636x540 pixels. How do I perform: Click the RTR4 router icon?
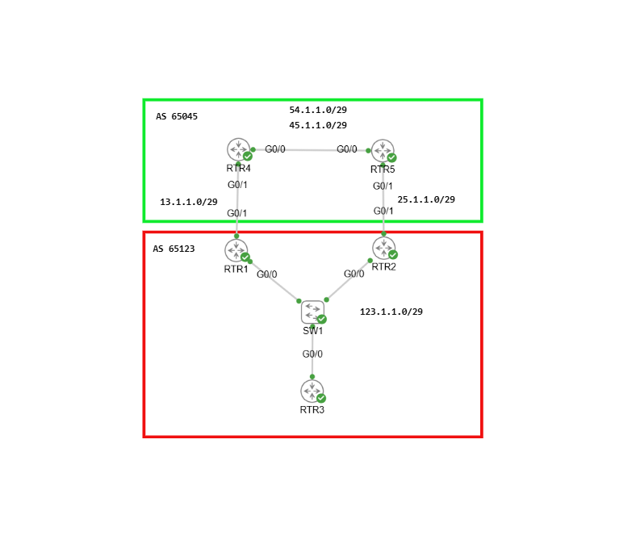pyautogui.click(x=239, y=149)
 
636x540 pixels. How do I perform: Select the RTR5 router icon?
pyautogui.click(x=383, y=151)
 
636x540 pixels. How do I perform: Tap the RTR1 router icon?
pyautogui.click(x=236, y=251)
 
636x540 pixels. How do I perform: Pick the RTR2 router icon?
pyautogui.click(x=383, y=248)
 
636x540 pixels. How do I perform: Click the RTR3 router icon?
pyautogui.click(x=312, y=391)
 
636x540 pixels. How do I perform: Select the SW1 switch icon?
pyautogui.click(x=312, y=312)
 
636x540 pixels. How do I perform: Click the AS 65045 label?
pyautogui.click(x=177, y=116)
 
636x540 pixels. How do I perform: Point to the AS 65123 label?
pyautogui.click(x=174, y=249)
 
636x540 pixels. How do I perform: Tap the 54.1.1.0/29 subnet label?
pyautogui.click(x=318, y=110)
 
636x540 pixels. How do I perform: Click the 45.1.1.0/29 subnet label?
pyautogui.click(x=318, y=125)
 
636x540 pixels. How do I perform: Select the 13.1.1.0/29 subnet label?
pyautogui.click(x=189, y=202)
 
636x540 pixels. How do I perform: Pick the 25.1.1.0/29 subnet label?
pyautogui.click(x=426, y=199)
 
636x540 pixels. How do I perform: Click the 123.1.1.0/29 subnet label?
pyautogui.click(x=391, y=312)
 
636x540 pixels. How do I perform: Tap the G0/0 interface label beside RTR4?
pyautogui.click(x=275, y=149)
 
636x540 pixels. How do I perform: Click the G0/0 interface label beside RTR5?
pyautogui.click(x=347, y=149)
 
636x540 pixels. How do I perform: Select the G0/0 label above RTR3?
pyautogui.click(x=312, y=354)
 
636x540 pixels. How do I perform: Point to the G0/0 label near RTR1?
pyautogui.click(x=267, y=274)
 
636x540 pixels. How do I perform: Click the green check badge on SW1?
pyautogui.click(x=322, y=319)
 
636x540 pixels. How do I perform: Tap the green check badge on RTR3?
pyautogui.click(x=321, y=398)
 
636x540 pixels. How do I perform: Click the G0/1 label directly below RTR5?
pyautogui.click(x=383, y=186)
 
